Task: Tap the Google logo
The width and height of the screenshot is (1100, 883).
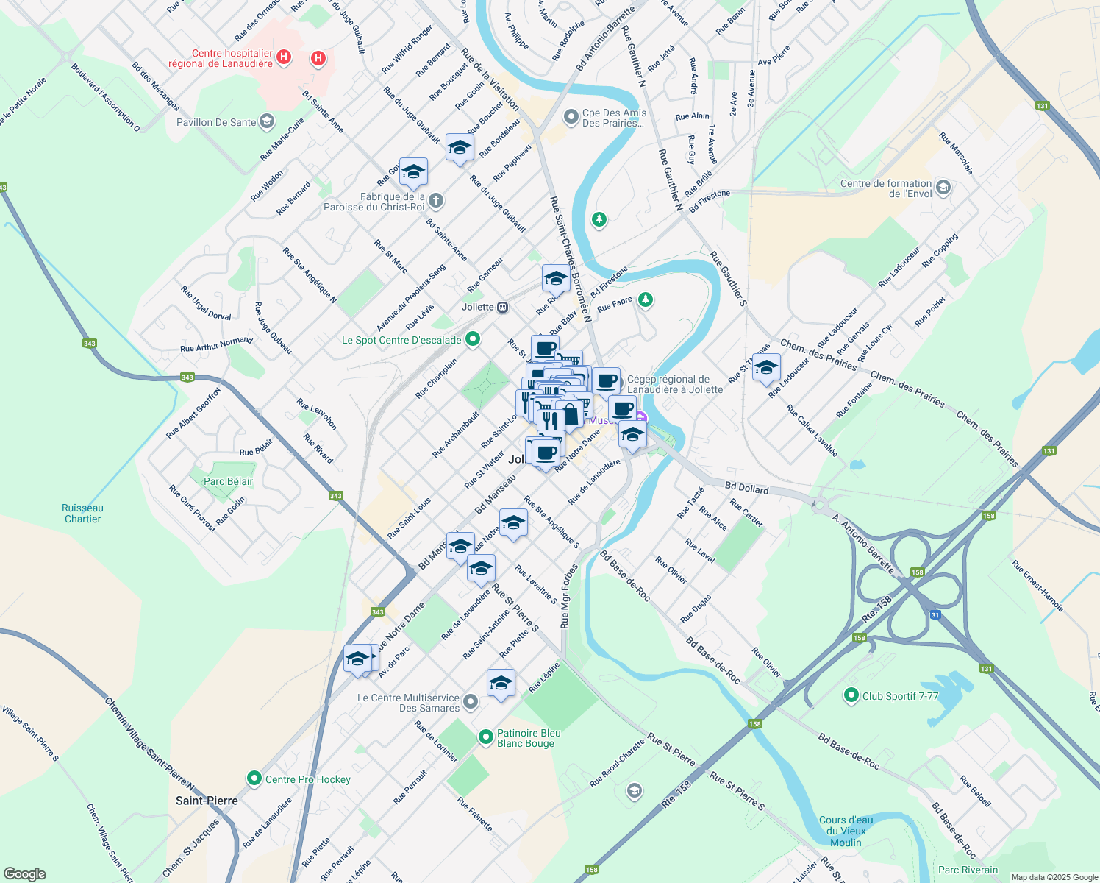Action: (x=24, y=874)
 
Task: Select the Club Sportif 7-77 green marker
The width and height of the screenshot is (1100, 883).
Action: (x=851, y=695)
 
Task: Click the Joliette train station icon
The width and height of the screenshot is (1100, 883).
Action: (x=503, y=307)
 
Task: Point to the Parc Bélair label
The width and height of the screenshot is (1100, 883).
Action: (x=228, y=481)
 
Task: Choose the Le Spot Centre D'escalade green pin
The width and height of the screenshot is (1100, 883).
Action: (x=473, y=339)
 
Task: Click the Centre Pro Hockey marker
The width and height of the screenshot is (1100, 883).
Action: (x=254, y=778)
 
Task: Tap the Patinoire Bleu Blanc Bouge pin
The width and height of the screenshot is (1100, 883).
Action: (x=485, y=737)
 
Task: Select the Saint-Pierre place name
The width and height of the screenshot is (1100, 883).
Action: (x=207, y=801)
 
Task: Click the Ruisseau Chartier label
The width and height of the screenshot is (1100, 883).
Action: (x=82, y=514)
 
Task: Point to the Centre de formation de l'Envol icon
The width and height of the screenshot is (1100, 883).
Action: (x=943, y=188)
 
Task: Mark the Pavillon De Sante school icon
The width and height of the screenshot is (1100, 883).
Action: (x=267, y=121)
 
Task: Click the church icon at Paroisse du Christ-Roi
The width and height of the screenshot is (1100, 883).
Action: (x=435, y=200)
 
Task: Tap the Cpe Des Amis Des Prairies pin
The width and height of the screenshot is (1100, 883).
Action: (x=571, y=117)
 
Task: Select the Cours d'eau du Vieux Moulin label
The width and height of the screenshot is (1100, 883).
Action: (x=846, y=831)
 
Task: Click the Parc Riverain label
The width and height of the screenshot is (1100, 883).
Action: (x=968, y=870)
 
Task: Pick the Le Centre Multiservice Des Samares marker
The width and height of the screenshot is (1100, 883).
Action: (x=471, y=702)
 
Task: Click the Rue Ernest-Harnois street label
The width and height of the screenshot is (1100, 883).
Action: (x=1037, y=586)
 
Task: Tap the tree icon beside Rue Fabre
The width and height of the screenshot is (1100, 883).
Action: (x=645, y=299)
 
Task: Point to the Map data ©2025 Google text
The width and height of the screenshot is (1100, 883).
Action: (x=1054, y=877)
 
